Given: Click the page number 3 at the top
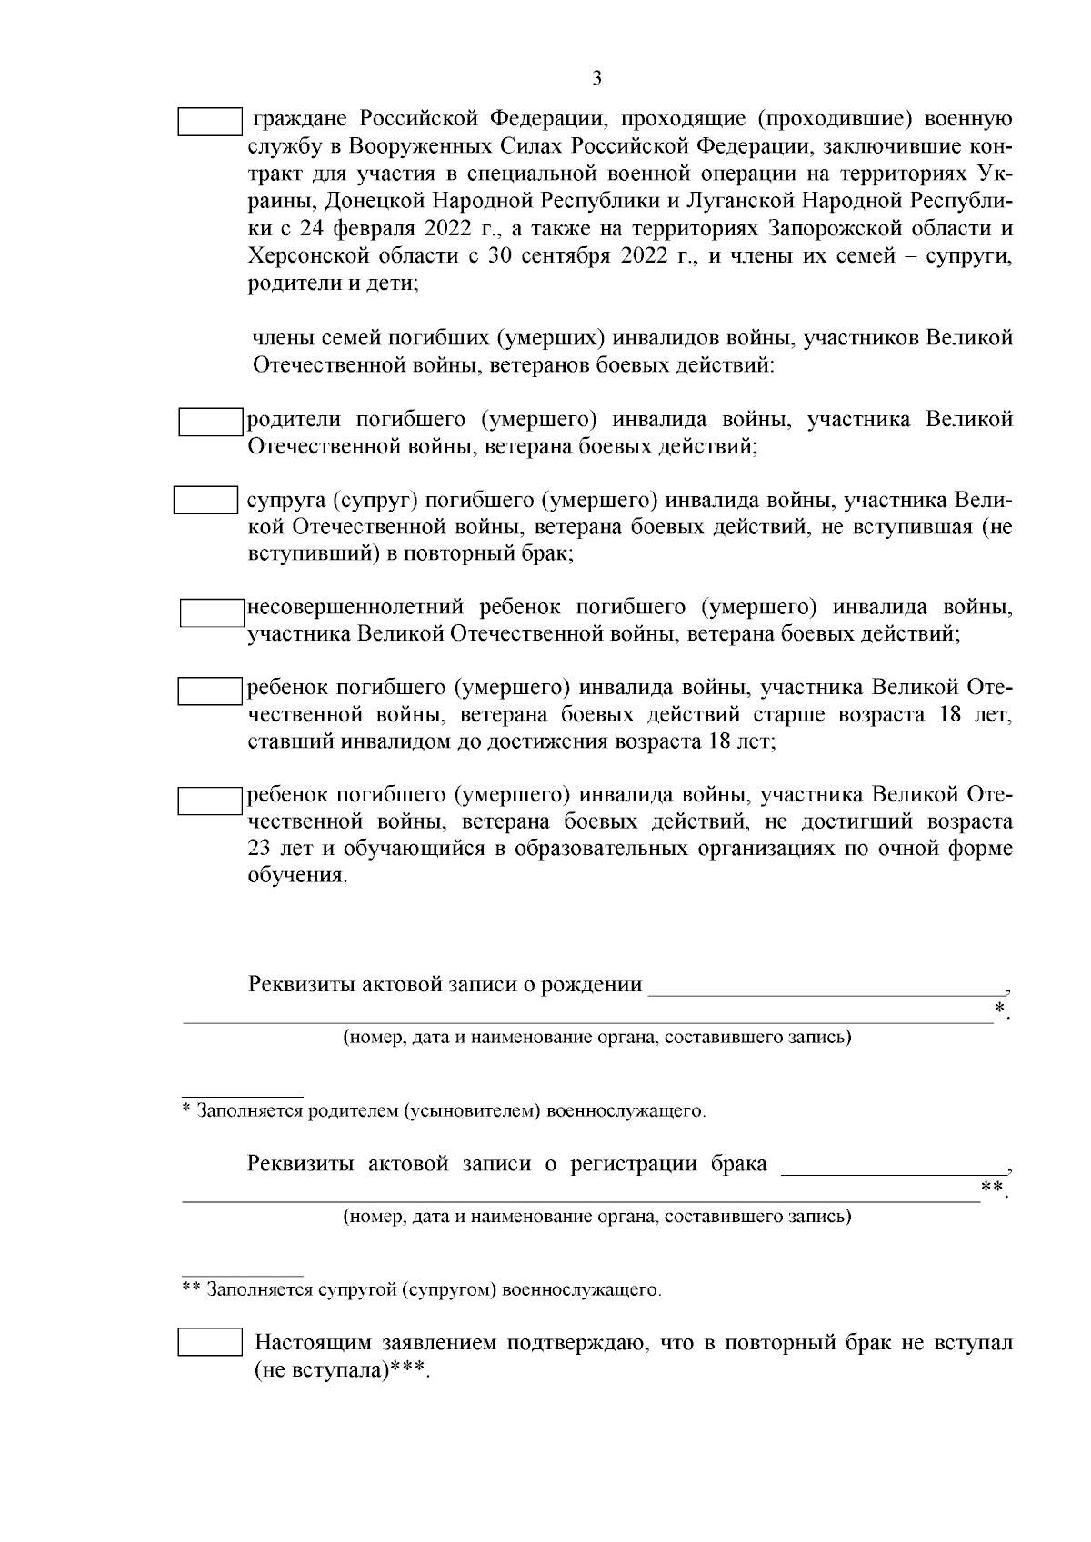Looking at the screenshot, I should point(596,78).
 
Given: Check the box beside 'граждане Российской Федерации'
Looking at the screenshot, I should point(209,122).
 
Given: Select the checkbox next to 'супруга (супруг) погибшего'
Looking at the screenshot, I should point(205,501).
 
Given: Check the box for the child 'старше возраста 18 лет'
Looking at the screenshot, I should point(208,691).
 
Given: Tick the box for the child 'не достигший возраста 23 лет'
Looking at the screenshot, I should point(208,800).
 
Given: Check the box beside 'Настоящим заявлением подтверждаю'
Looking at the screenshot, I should point(209,1342).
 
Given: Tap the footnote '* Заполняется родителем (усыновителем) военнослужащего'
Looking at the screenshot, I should point(443,1110).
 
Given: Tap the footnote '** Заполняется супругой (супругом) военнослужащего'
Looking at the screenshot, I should point(421,1288).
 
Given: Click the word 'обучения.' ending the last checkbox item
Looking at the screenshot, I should point(297,877).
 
